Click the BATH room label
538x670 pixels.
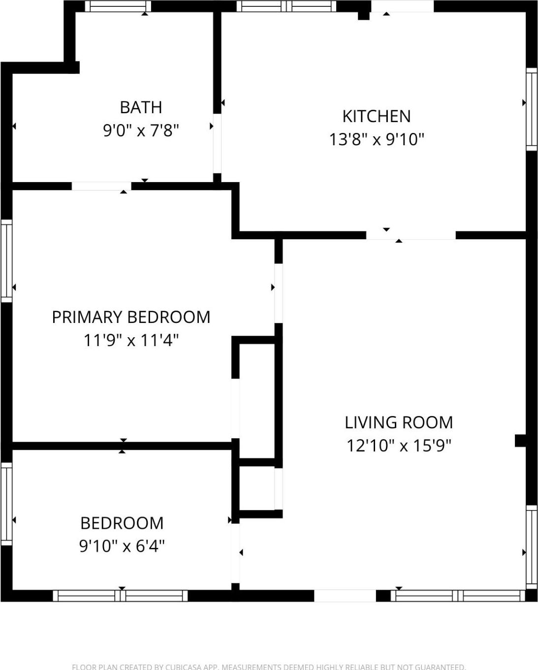tap(141, 107)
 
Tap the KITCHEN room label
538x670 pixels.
tap(376, 116)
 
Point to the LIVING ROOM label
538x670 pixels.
tap(398, 422)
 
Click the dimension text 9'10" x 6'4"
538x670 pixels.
tap(122, 546)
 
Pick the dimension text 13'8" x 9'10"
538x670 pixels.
tap(376, 140)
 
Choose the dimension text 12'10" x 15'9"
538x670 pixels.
tap(398, 446)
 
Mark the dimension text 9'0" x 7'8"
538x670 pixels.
tap(141, 131)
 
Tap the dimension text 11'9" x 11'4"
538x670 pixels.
tap(131, 340)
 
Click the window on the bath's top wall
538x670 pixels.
tap(118, 6)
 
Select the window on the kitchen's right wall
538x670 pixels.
tap(531, 109)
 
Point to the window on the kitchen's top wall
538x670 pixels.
tap(286, 6)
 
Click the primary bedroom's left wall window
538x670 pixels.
tap(6, 260)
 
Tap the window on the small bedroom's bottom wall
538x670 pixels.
tap(120, 596)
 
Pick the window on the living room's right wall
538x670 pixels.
tap(531, 546)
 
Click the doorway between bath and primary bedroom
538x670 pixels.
tap(101, 186)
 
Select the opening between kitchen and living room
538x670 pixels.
tap(411, 235)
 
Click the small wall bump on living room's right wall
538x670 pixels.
tap(520, 440)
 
